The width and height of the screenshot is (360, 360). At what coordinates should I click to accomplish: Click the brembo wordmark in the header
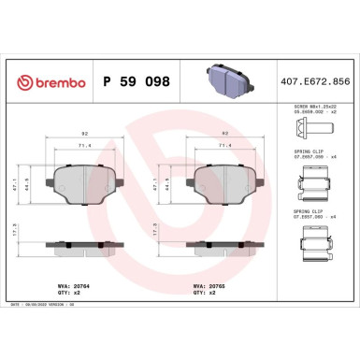[x=55, y=81]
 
